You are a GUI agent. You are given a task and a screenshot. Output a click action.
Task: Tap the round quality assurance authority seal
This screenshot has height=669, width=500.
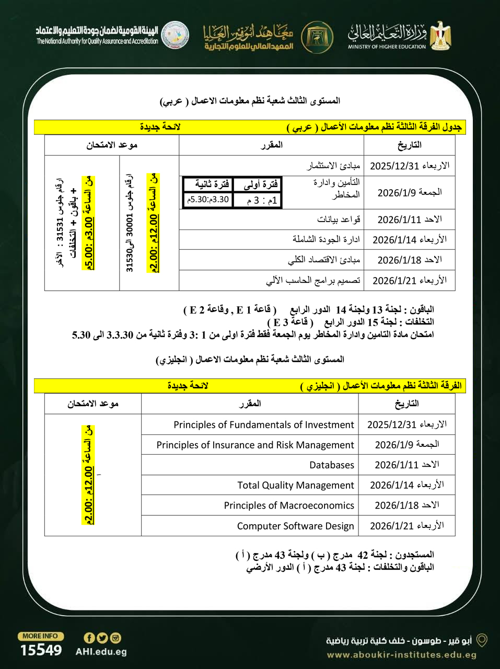click(x=175, y=35)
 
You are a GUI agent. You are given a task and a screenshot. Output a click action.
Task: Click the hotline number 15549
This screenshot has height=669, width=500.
click(x=41, y=650)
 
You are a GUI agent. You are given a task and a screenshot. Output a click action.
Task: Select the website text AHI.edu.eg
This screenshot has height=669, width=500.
click(x=101, y=652)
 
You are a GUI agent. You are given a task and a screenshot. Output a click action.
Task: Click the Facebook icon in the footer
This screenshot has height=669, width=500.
click(x=89, y=638)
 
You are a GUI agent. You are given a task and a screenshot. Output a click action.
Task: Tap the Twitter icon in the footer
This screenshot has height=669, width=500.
click(x=102, y=638)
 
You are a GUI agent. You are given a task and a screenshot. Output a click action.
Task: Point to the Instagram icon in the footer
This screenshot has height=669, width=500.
click(x=115, y=638)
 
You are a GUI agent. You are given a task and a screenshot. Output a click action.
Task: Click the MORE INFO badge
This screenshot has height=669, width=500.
click(x=41, y=636)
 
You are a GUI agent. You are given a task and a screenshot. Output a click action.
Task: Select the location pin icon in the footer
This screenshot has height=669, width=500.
click(x=482, y=640)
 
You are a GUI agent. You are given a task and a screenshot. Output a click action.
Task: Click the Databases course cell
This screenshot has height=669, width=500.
click(x=331, y=465)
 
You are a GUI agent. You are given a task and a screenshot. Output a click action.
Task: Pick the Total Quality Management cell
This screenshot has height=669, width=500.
click(x=295, y=486)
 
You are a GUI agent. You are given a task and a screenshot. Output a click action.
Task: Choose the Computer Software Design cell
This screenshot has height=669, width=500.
click(x=295, y=526)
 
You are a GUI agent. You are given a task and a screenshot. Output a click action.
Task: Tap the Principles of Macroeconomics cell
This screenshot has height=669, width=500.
click(x=289, y=505)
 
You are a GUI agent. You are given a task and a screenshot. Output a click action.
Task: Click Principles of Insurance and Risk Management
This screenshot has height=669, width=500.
click(x=255, y=445)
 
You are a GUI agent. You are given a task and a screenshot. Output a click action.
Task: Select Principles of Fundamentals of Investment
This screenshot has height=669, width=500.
click(x=263, y=425)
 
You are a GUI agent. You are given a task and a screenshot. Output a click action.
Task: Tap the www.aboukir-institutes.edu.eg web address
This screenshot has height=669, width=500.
click(x=401, y=655)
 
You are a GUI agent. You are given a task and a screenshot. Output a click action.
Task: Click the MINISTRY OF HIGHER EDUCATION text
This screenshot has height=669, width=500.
click(x=387, y=47)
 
